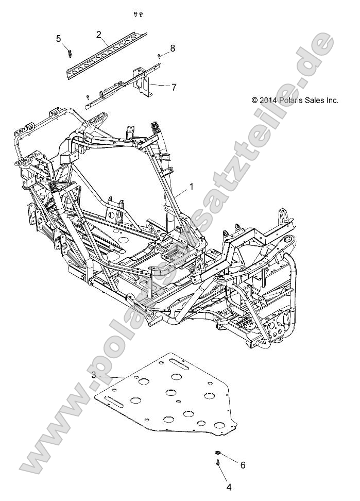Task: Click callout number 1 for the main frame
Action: [x=192, y=187]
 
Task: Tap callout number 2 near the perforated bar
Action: [x=98, y=35]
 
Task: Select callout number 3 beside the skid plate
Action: [x=94, y=376]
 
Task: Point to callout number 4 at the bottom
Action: [x=228, y=486]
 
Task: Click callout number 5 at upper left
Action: [x=59, y=38]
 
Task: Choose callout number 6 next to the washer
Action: [x=243, y=465]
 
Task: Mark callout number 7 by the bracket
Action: [x=174, y=87]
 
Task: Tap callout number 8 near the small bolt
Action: [x=173, y=48]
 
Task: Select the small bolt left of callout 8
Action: [x=160, y=55]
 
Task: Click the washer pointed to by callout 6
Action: [x=218, y=453]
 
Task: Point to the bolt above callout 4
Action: [x=218, y=465]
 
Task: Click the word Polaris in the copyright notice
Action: [x=291, y=101]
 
